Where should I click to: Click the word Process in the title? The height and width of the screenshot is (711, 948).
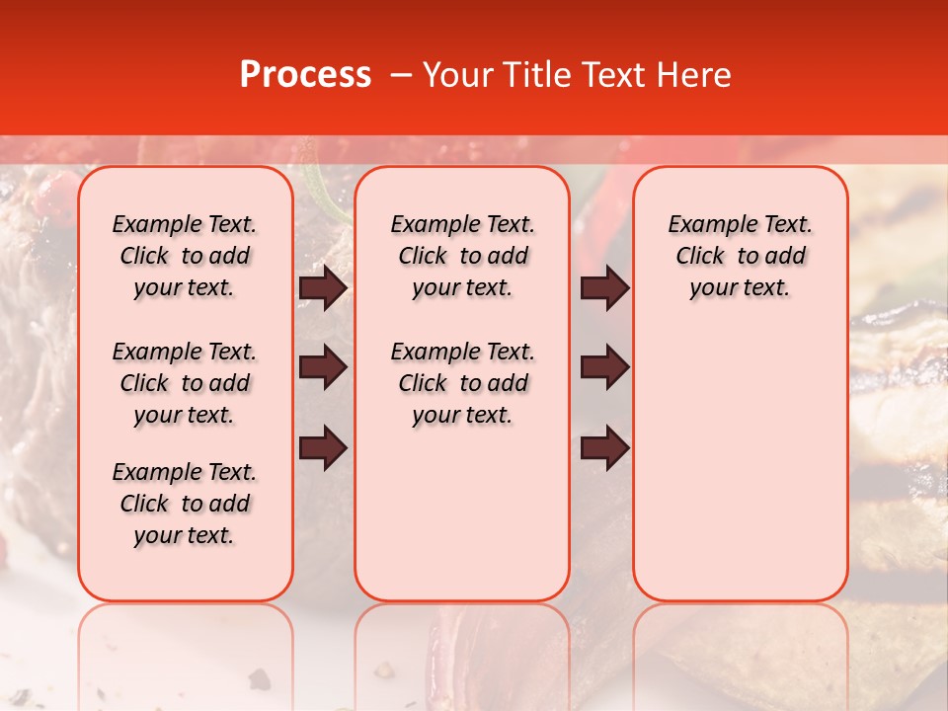tap(305, 75)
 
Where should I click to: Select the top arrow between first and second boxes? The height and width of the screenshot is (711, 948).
tap(323, 288)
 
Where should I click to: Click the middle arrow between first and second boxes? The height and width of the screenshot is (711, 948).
tap(323, 367)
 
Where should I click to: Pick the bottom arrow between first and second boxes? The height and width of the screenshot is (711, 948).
tap(323, 447)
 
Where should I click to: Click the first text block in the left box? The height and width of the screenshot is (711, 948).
tap(185, 256)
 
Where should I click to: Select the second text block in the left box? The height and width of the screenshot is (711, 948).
tap(185, 383)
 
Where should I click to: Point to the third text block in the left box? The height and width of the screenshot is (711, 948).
tap(185, 504)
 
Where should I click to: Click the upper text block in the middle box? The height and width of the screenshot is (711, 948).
tap(463, 256)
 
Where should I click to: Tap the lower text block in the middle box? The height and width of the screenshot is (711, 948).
tap(463, 383)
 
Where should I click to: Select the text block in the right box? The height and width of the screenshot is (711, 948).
tap(741, 256)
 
